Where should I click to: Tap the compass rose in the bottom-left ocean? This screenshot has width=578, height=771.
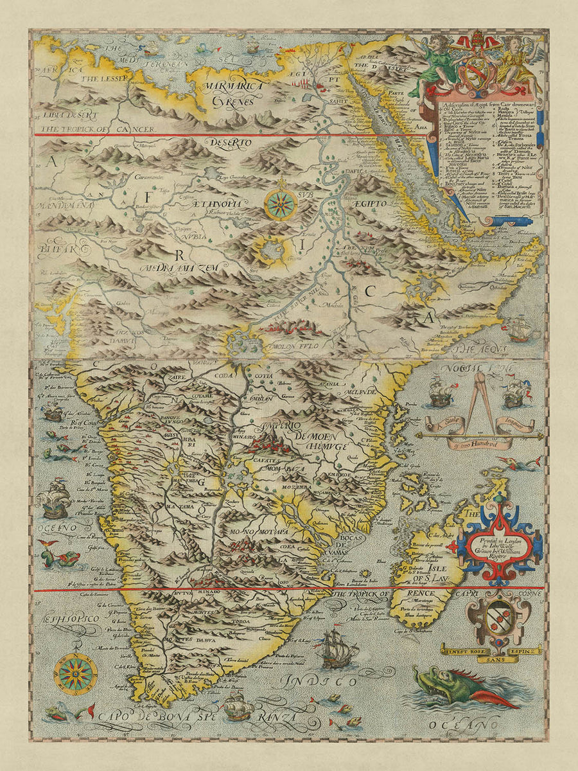click(x=76, y=675)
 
